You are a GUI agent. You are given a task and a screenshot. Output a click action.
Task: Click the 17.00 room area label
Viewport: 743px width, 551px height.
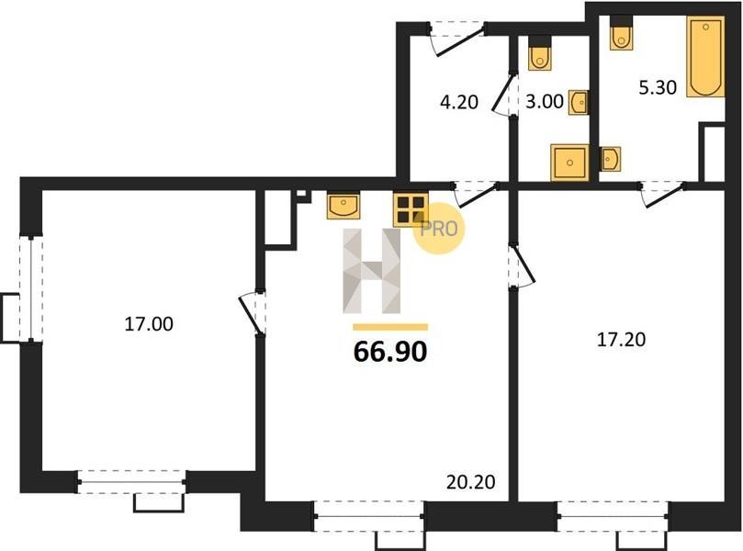point(149,324)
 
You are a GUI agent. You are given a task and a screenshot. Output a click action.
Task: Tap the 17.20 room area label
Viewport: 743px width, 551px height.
point(621,340)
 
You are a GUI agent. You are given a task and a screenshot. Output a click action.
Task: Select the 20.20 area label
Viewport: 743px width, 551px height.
point(471,482)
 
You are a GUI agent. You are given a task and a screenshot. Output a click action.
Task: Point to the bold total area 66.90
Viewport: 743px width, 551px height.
point(390,352)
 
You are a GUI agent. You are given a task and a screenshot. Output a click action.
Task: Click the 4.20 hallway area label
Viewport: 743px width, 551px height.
point(459,102)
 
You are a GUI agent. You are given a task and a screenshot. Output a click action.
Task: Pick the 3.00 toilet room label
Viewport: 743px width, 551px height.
point(545,101)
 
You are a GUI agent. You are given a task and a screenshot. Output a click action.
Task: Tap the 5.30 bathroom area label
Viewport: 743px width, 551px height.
point(658,87)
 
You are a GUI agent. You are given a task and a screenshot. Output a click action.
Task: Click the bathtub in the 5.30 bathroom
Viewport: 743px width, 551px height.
point(705,57)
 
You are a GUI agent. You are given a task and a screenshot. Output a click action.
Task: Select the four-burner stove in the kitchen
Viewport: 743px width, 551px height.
point(411,209)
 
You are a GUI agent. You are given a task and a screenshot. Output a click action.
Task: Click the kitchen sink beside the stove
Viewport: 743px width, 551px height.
point(343,206)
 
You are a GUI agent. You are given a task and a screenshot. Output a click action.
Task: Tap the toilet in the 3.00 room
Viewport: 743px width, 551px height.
point(539,53)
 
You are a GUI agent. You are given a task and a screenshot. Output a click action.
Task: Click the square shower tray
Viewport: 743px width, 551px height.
point(569,163)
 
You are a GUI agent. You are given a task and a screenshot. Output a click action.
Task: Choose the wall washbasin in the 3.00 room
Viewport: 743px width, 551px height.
point(579,102)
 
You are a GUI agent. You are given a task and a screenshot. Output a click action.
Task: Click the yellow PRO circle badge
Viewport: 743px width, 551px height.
point(438,229)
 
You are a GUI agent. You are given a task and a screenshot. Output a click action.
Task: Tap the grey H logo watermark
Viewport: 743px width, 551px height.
point(371,271)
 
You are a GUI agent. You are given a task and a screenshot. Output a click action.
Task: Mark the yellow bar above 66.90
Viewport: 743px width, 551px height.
point(390,327)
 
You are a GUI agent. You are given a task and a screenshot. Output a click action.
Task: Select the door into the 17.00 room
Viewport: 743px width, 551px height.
point(253,312)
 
